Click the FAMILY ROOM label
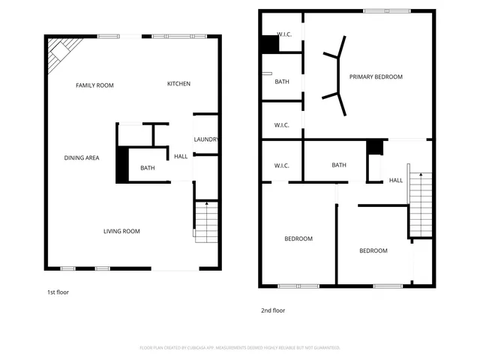point(94,85)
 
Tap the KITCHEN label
point(178,84)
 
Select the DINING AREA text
point(82,157)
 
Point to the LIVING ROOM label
point(121,231)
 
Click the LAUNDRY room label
point(205,139)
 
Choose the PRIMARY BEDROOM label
point(376,76)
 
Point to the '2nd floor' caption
point(272,310)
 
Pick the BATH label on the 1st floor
point(147,168)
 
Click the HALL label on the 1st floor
point(181,156)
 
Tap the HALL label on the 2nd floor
point(395,180)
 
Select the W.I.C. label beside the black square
point(283,34)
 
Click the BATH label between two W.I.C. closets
point(282,82)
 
